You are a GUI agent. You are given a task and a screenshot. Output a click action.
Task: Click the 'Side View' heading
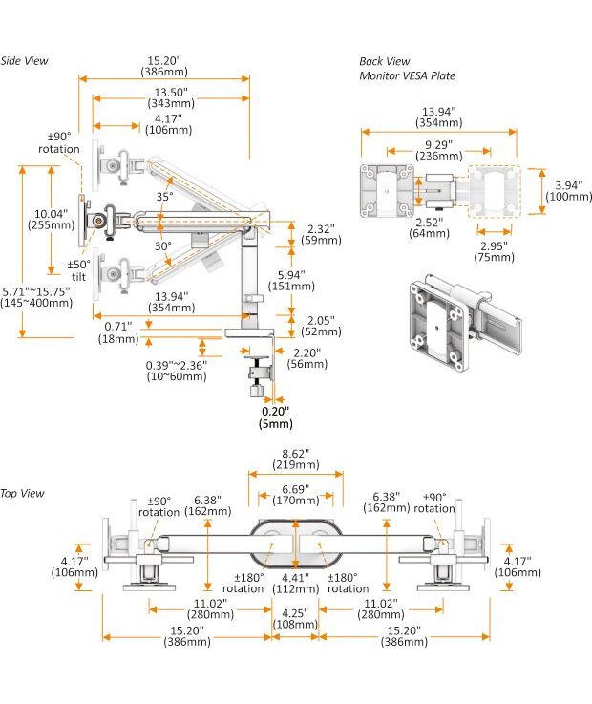coord(24,61)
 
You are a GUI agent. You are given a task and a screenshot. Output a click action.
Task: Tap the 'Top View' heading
coord(22,494)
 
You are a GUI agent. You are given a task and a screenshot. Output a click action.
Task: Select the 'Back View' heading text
coord(384,61)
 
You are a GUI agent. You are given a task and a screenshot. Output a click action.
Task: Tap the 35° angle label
coord(164,197)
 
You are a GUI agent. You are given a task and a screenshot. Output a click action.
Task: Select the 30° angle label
coord(164,245)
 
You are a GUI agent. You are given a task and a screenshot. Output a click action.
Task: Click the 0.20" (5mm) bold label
coord(275,417)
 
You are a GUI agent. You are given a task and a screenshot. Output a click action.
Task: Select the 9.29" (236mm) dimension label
coord(440,151)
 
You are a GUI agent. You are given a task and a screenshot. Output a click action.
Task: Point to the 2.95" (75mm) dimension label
coord(494,250)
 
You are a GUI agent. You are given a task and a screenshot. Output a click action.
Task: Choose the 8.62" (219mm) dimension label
coord(295,459)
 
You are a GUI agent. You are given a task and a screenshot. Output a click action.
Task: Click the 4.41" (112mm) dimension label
coord(294,582)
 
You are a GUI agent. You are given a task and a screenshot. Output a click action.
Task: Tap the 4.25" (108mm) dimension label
coord(294,619)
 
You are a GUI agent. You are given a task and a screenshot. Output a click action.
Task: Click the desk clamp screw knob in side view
coord(255,389)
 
